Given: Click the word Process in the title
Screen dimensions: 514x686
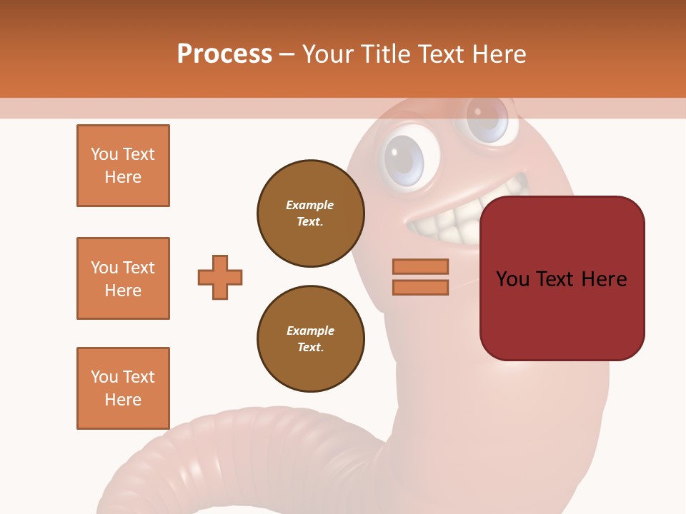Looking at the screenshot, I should pyautogui.click(x=224, y=54).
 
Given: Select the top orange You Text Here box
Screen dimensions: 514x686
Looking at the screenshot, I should pyautogui.click(x=123, y=166).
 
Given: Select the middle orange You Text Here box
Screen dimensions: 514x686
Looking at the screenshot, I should pyautogui.click(x=123, y=278).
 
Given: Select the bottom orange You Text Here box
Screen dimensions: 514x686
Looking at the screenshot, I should pyautogui.click(x=123, y=388).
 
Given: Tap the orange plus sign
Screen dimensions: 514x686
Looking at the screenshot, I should pyautogui.click(x=220, y=277).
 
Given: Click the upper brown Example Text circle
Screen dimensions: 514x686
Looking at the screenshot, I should pyautogui.click(x=311, y=213).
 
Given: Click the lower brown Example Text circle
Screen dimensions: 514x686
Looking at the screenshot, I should pyautogui.click(x=311, y=339).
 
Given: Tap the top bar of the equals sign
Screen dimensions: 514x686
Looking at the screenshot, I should pyautogui.click(x=420, y=266).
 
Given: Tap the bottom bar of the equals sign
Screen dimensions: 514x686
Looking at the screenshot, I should pyautogui.click(x=420, y=288).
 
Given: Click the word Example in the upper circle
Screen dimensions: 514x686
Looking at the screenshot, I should pyautogui.click(x=310, y=205).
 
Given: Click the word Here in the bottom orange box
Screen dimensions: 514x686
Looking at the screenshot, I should pyautogui.click(x=123, y=400).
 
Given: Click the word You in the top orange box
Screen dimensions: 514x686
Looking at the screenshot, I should pyautogui.click(x=104, y=154).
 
